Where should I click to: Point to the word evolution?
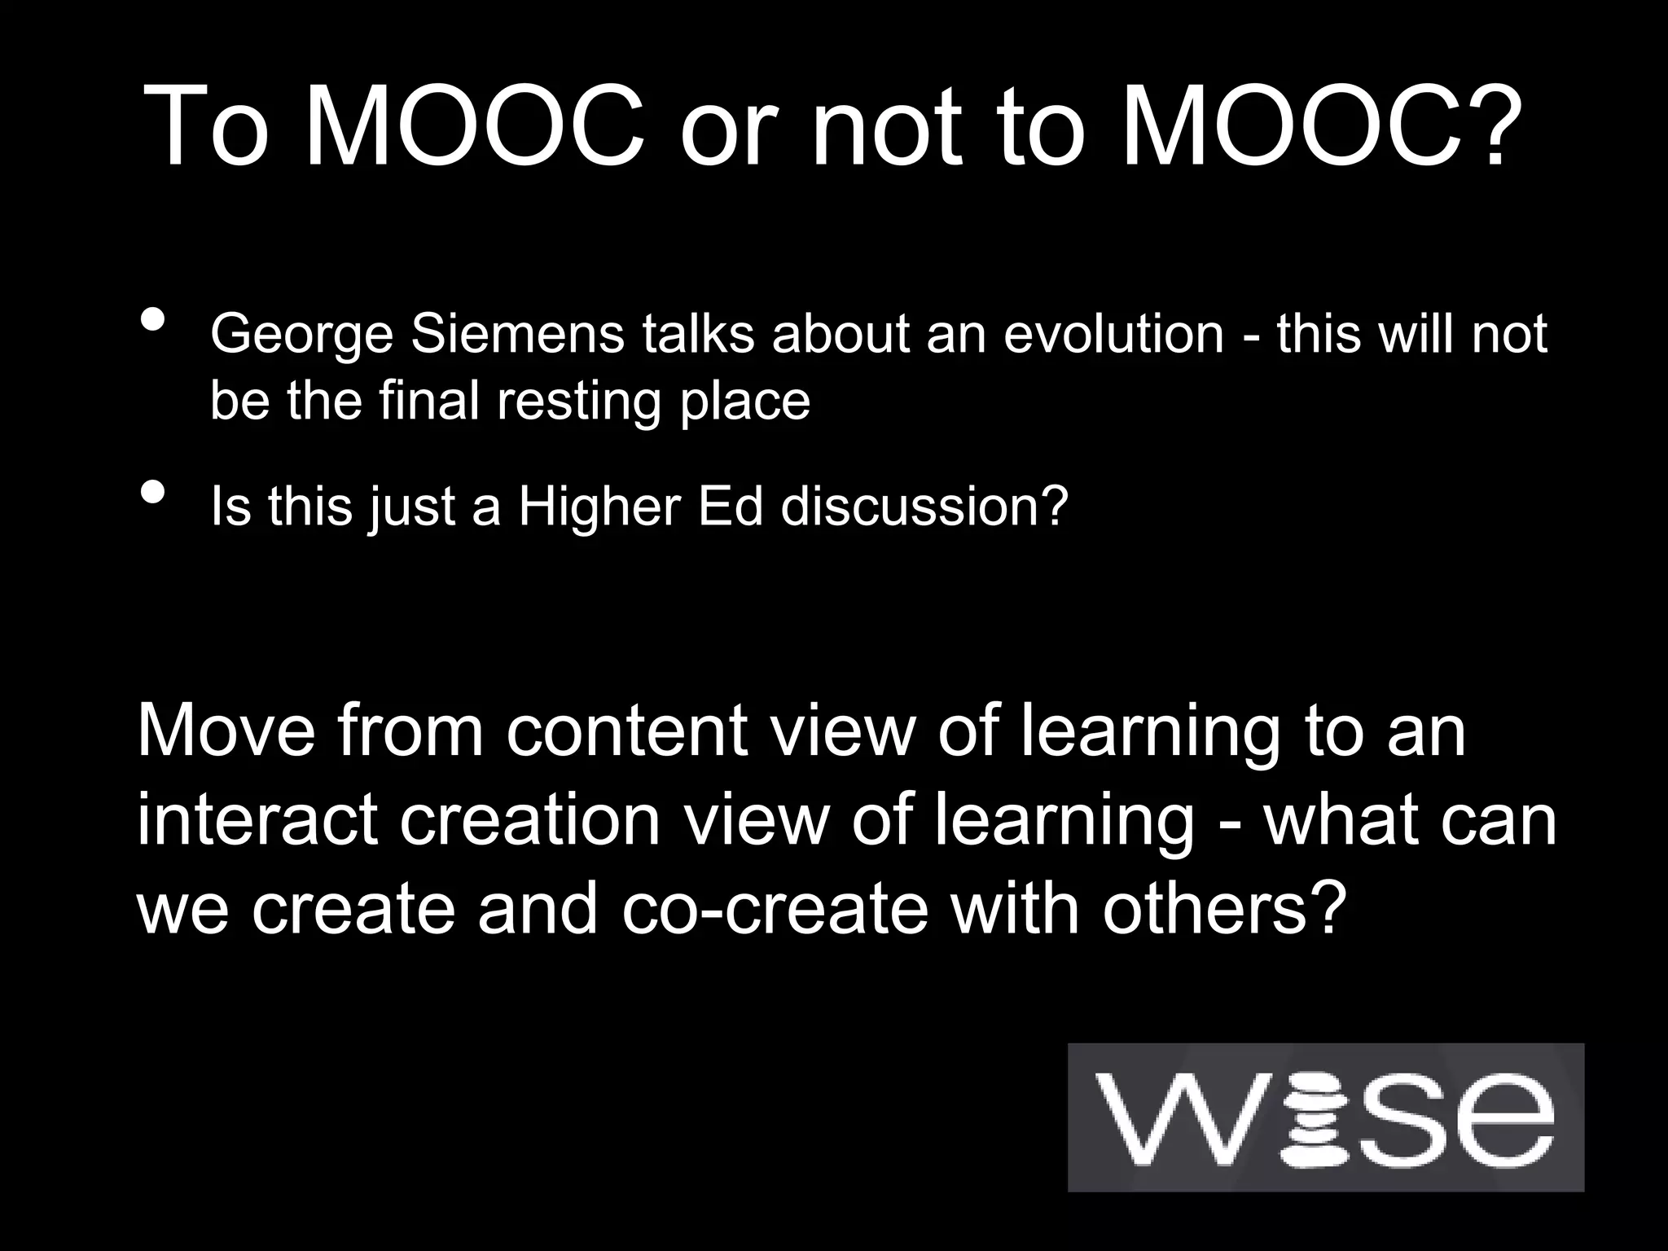[x=1113, y=334]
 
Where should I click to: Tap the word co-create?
[x=775, y=909]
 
